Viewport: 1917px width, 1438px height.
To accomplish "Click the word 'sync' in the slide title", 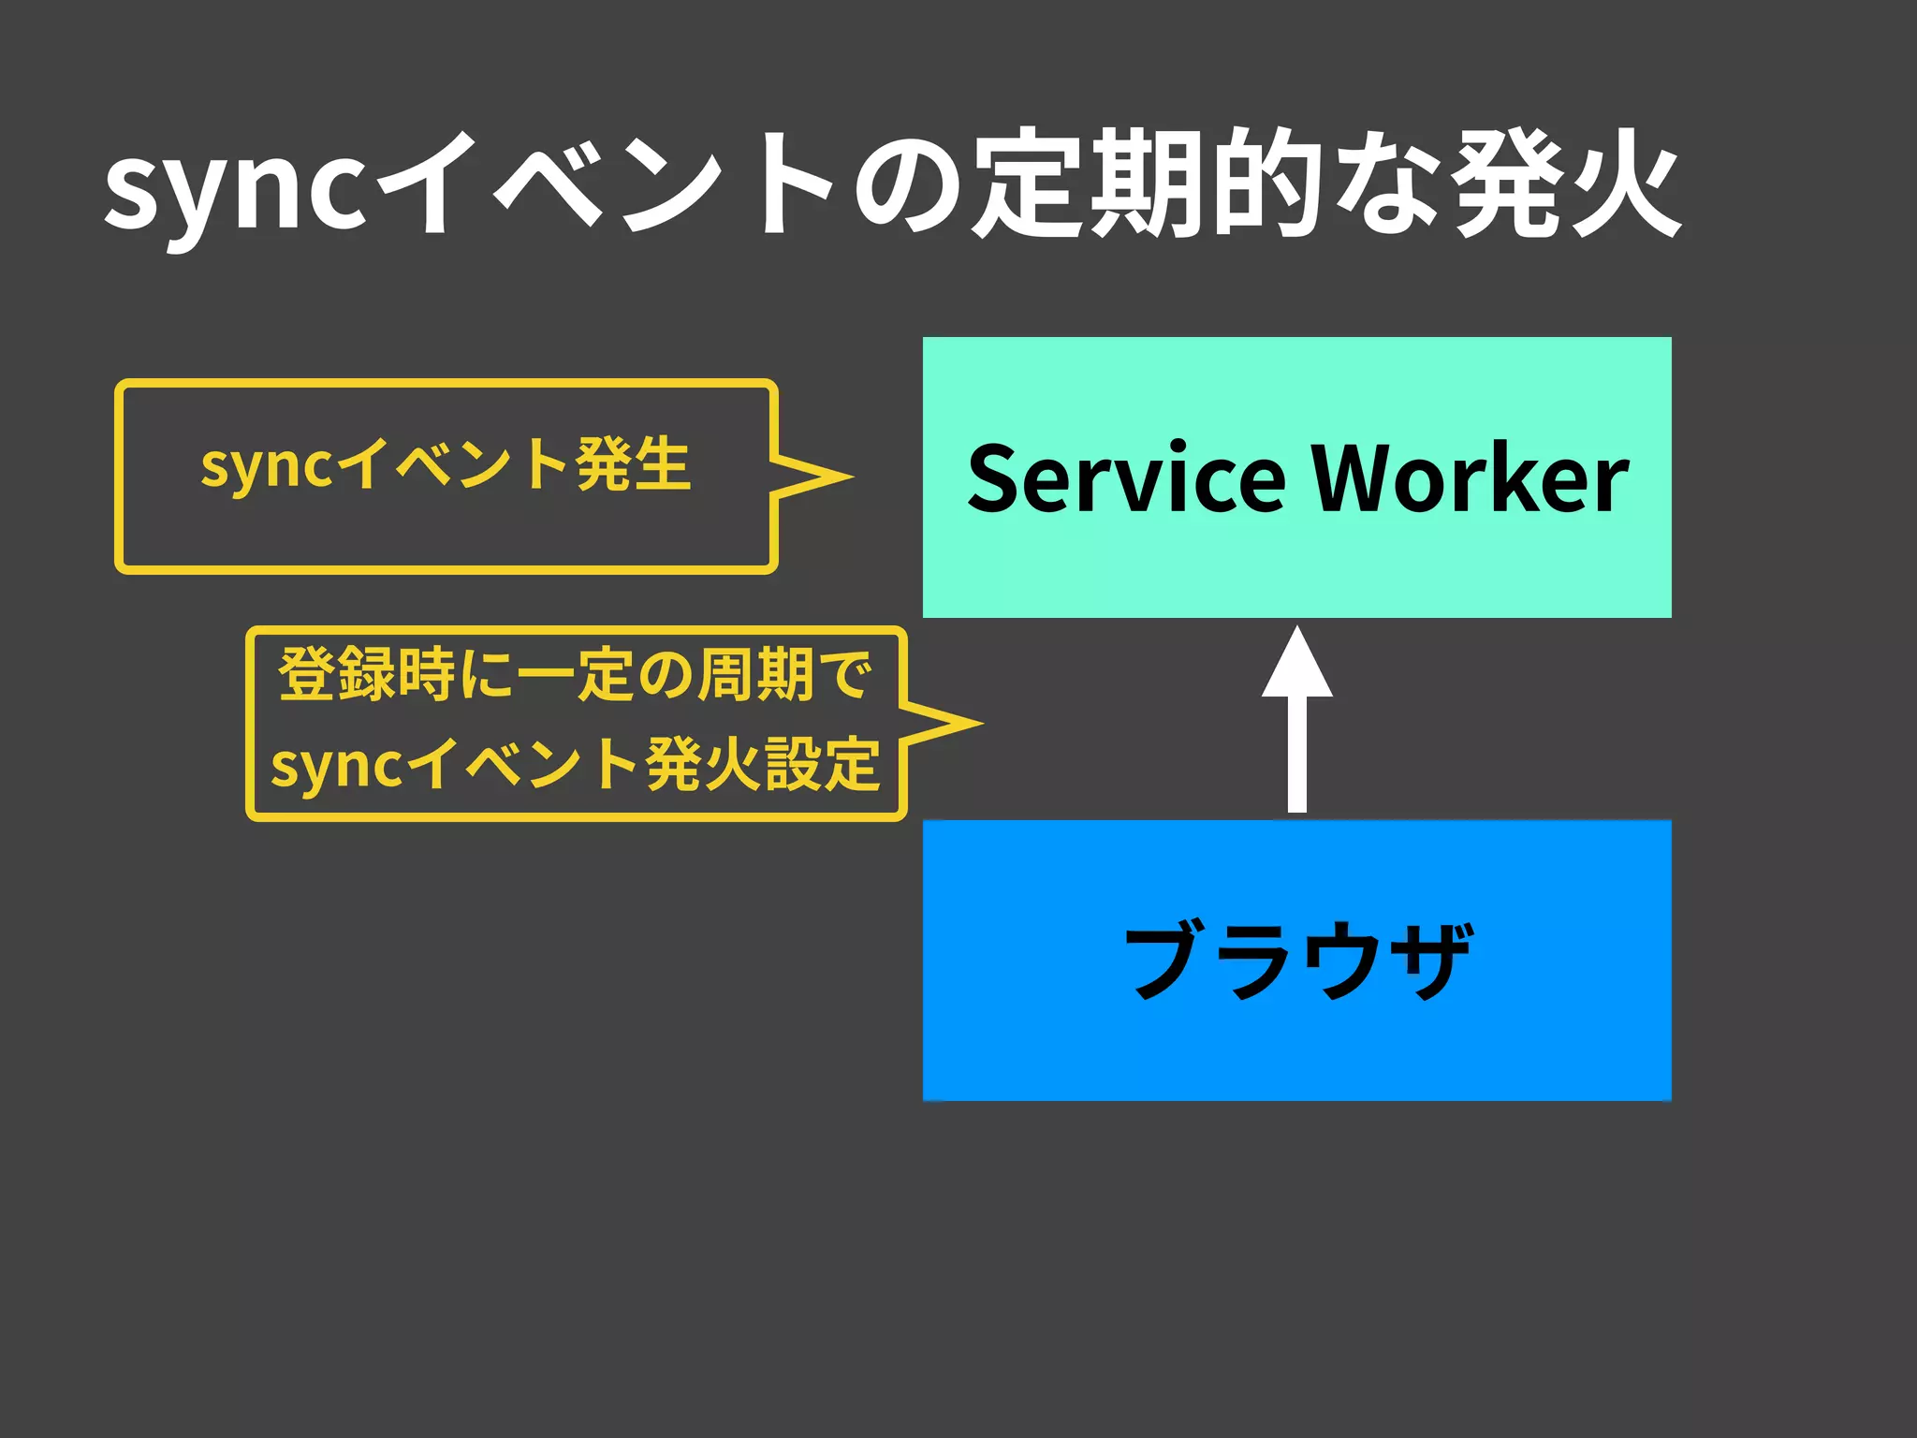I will click(234, 187).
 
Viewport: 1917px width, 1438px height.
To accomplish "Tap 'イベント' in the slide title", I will click(608, 183).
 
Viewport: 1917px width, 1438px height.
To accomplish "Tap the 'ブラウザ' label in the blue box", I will click(1297, 960).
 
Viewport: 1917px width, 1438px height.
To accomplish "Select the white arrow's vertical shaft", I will click(1297, 754).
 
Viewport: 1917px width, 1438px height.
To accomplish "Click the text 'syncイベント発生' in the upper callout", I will click(446, 464).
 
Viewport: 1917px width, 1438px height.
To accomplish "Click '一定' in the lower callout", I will click(577, 674).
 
